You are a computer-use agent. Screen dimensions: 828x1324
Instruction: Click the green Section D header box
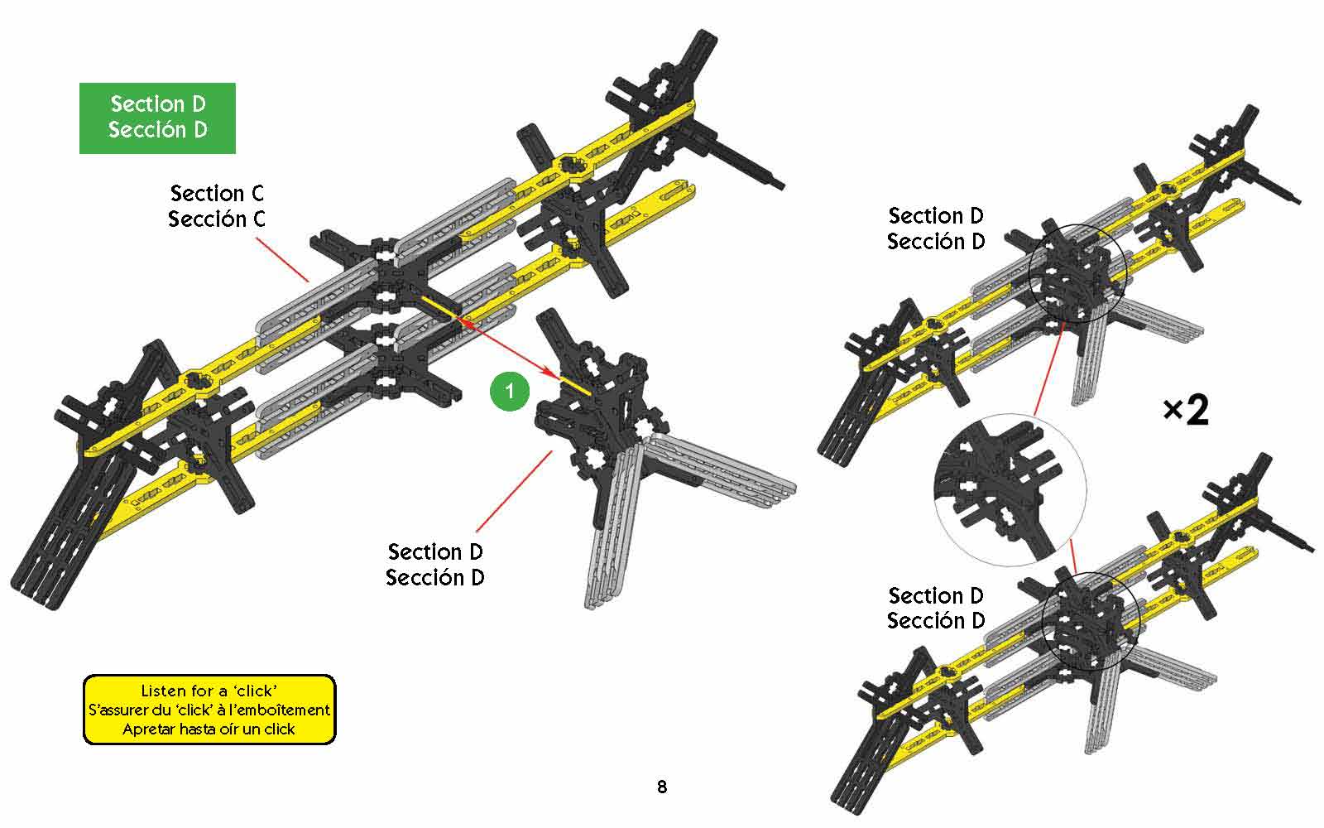[157, 118]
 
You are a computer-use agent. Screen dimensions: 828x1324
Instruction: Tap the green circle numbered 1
[509, 390]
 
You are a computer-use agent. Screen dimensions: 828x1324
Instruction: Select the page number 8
[662, 787]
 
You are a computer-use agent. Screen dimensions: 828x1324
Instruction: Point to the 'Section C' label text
[217, 194]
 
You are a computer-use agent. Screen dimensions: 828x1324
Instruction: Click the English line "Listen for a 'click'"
[209, 691]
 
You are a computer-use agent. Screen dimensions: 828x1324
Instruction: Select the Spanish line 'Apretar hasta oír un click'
[209, 729]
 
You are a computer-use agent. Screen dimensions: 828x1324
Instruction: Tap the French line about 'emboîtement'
[209, 710]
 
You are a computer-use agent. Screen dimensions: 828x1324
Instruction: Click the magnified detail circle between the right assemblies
[1010, 489]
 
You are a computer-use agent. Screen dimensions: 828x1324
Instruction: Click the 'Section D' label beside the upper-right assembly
[936, 216]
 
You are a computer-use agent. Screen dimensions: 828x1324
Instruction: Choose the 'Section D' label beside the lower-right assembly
[936, 595]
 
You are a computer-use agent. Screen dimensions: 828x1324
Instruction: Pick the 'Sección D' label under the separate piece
[435, 577]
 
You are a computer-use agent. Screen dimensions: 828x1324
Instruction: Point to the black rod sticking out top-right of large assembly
[745, 162]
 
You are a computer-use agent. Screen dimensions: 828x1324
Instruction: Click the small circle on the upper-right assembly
[1077, 272]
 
